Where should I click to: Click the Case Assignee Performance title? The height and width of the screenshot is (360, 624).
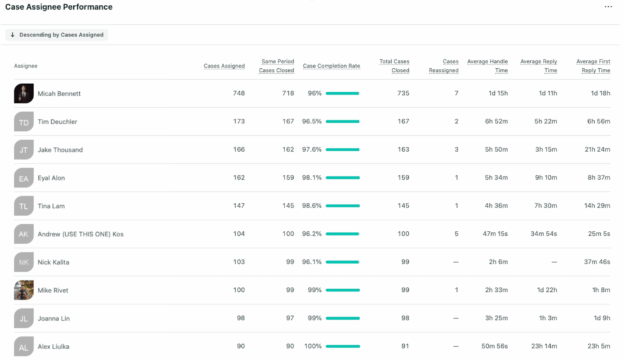58,7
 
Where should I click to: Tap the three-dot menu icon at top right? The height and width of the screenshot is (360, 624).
608,7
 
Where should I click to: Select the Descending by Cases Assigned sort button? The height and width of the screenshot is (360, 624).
57,35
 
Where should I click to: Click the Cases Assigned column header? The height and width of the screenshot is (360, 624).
224,66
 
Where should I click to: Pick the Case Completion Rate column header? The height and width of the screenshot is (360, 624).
331,66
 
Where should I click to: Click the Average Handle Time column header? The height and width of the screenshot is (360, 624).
487,66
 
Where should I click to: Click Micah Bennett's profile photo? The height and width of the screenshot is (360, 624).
23,94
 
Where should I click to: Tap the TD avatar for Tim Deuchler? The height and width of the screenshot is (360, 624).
23,122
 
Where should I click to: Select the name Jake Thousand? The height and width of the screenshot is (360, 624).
60,150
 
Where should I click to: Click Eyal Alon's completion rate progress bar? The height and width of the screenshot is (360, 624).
342,178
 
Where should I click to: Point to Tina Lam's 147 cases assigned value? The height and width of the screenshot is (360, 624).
238,206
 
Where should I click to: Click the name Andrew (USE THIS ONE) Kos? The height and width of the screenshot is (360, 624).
80,234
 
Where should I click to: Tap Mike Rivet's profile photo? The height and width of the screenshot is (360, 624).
23,290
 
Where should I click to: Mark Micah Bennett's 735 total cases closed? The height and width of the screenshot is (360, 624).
402,94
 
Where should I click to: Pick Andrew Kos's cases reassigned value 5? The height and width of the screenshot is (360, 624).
456,234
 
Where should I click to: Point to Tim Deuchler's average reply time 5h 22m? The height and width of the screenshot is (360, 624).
545,122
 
